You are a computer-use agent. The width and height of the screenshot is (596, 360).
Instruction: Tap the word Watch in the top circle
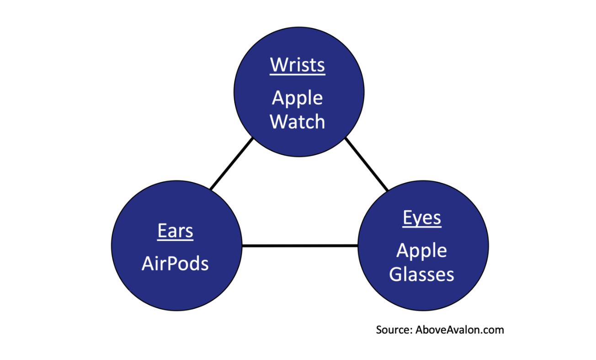(x=298, y=122)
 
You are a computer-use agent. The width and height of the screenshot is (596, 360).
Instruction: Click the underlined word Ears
(x=176, y=231)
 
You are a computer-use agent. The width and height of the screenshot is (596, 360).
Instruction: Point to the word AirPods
(x=175, y=264)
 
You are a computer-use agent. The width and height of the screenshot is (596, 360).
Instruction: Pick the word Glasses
(x=421, y=274)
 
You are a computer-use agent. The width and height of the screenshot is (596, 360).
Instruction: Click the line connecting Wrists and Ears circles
(x=231, y=164)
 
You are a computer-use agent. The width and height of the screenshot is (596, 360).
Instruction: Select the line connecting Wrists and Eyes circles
(x=367, y=164)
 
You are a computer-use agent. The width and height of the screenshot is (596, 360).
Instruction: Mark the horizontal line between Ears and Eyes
(x=300, y=245)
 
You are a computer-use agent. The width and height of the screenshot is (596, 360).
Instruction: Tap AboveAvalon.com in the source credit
(x=460, y=330)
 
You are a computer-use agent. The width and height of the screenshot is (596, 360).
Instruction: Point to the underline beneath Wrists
(x=298, y=74)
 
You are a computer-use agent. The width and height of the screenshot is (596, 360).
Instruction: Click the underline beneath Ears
(x=176, y=240)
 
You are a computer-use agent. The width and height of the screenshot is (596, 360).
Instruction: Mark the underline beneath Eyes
(x=422, y=227)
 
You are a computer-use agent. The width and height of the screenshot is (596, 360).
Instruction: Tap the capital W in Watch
(x=278, y=122)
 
